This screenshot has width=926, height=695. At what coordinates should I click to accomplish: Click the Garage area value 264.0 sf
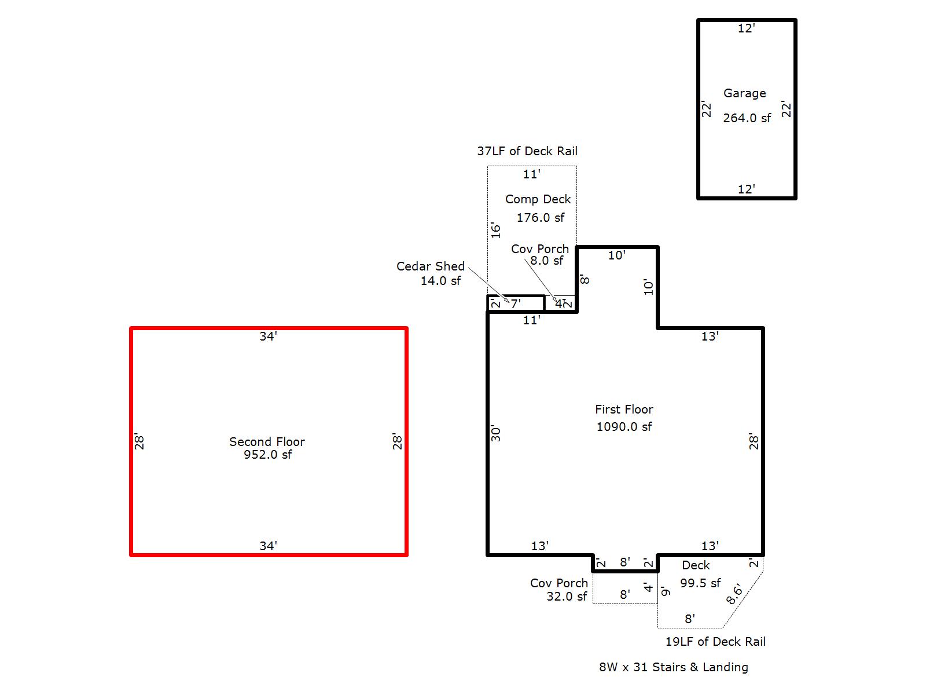(x=747, y=118)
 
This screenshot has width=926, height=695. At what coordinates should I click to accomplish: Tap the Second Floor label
(x=267, y=442)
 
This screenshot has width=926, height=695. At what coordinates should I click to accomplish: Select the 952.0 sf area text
(x=267, y=455)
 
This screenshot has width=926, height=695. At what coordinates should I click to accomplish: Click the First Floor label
(x=624, y=409)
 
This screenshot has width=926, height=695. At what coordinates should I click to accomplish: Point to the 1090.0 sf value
(x=624, y=427)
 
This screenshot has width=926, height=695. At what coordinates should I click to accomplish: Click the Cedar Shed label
(x=430, y=266)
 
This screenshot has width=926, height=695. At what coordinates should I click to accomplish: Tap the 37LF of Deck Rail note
(x=527, y=151)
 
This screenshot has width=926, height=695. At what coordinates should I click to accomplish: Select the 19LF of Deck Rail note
(x=715, y=642)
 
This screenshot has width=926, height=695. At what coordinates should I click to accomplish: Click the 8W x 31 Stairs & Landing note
(x=674, y=667)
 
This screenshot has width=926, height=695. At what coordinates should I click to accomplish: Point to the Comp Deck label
(x=538, y=199)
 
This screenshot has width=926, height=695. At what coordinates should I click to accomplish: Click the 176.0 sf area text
(x=541, y=218)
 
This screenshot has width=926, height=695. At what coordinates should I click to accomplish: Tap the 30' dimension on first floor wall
(x=496, y=434)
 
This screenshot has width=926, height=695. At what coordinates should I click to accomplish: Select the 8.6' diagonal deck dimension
(x=734, y=595)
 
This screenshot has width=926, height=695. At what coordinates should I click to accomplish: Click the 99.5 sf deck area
(x=700, y=583)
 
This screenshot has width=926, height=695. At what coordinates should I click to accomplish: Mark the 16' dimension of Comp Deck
(x=496, y=230)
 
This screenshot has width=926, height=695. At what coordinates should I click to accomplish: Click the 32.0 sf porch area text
(x=567, y=597)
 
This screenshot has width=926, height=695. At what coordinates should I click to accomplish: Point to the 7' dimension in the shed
(x=515, y=303)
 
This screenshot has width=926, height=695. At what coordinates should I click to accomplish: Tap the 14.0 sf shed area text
(x=440, y=281)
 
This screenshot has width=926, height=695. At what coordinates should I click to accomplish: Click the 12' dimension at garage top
(x=746, y=28)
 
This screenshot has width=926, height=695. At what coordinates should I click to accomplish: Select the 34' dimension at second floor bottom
(x=268, y=546)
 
